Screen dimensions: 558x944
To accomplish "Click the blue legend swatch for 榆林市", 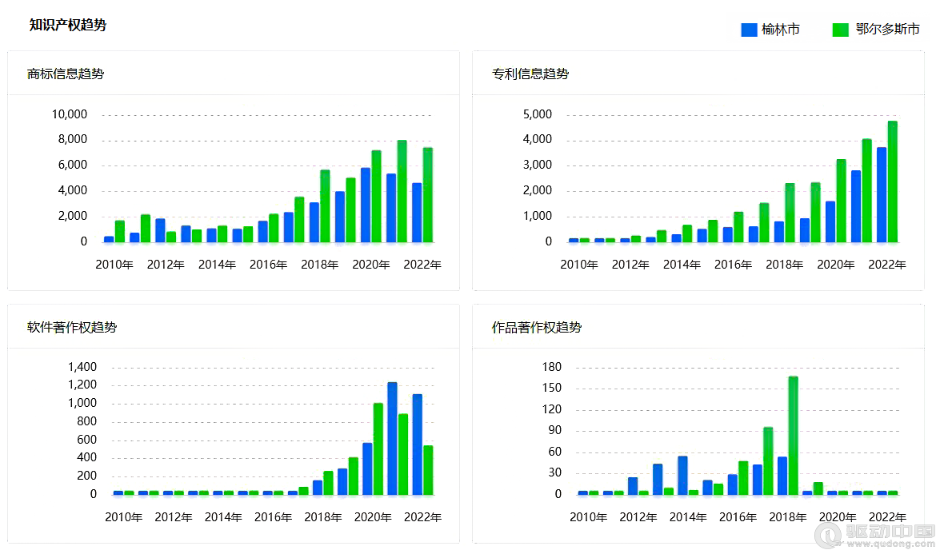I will [749, 30].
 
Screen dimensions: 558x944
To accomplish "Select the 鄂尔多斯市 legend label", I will [887, 30].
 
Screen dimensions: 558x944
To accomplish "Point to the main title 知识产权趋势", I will [68, 25].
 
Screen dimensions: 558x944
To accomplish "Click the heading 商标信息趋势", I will [66, 74].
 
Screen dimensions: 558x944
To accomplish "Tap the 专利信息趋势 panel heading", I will [530, 74].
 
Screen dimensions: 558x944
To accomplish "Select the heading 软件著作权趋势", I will [72, 328].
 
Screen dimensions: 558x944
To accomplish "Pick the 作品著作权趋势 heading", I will [537, 328].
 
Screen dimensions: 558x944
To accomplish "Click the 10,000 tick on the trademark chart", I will [70, 114].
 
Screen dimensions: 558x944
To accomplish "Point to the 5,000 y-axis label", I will [537, 114].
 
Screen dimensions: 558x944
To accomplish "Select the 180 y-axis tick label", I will [552, 368].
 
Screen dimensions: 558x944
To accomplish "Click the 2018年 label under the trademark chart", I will [320, 265].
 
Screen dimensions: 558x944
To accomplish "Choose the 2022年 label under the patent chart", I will [887, 265].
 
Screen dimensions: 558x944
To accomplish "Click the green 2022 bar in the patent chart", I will [892, 181].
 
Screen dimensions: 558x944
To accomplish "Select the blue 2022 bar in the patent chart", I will [881, 194].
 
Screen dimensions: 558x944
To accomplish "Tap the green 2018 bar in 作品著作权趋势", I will [793, 435].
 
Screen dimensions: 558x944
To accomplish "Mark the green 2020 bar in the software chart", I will [378, 448].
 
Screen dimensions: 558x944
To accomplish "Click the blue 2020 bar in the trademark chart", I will [365, 205].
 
